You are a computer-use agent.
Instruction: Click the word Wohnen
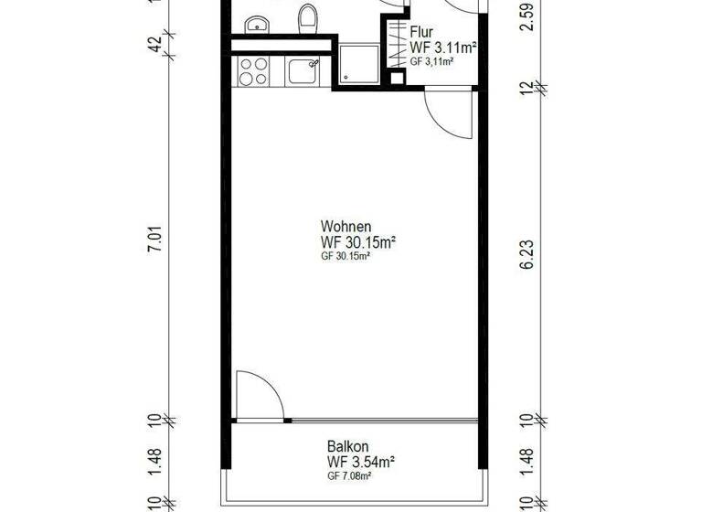coord(346,226)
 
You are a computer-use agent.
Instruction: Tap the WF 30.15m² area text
coord(357,241)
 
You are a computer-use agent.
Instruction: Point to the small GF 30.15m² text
coord(345,257)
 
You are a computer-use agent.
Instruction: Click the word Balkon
coord(346,446)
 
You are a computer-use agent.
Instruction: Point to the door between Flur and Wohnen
coord(448,114)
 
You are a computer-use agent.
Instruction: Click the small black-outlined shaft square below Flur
coord(397,78)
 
